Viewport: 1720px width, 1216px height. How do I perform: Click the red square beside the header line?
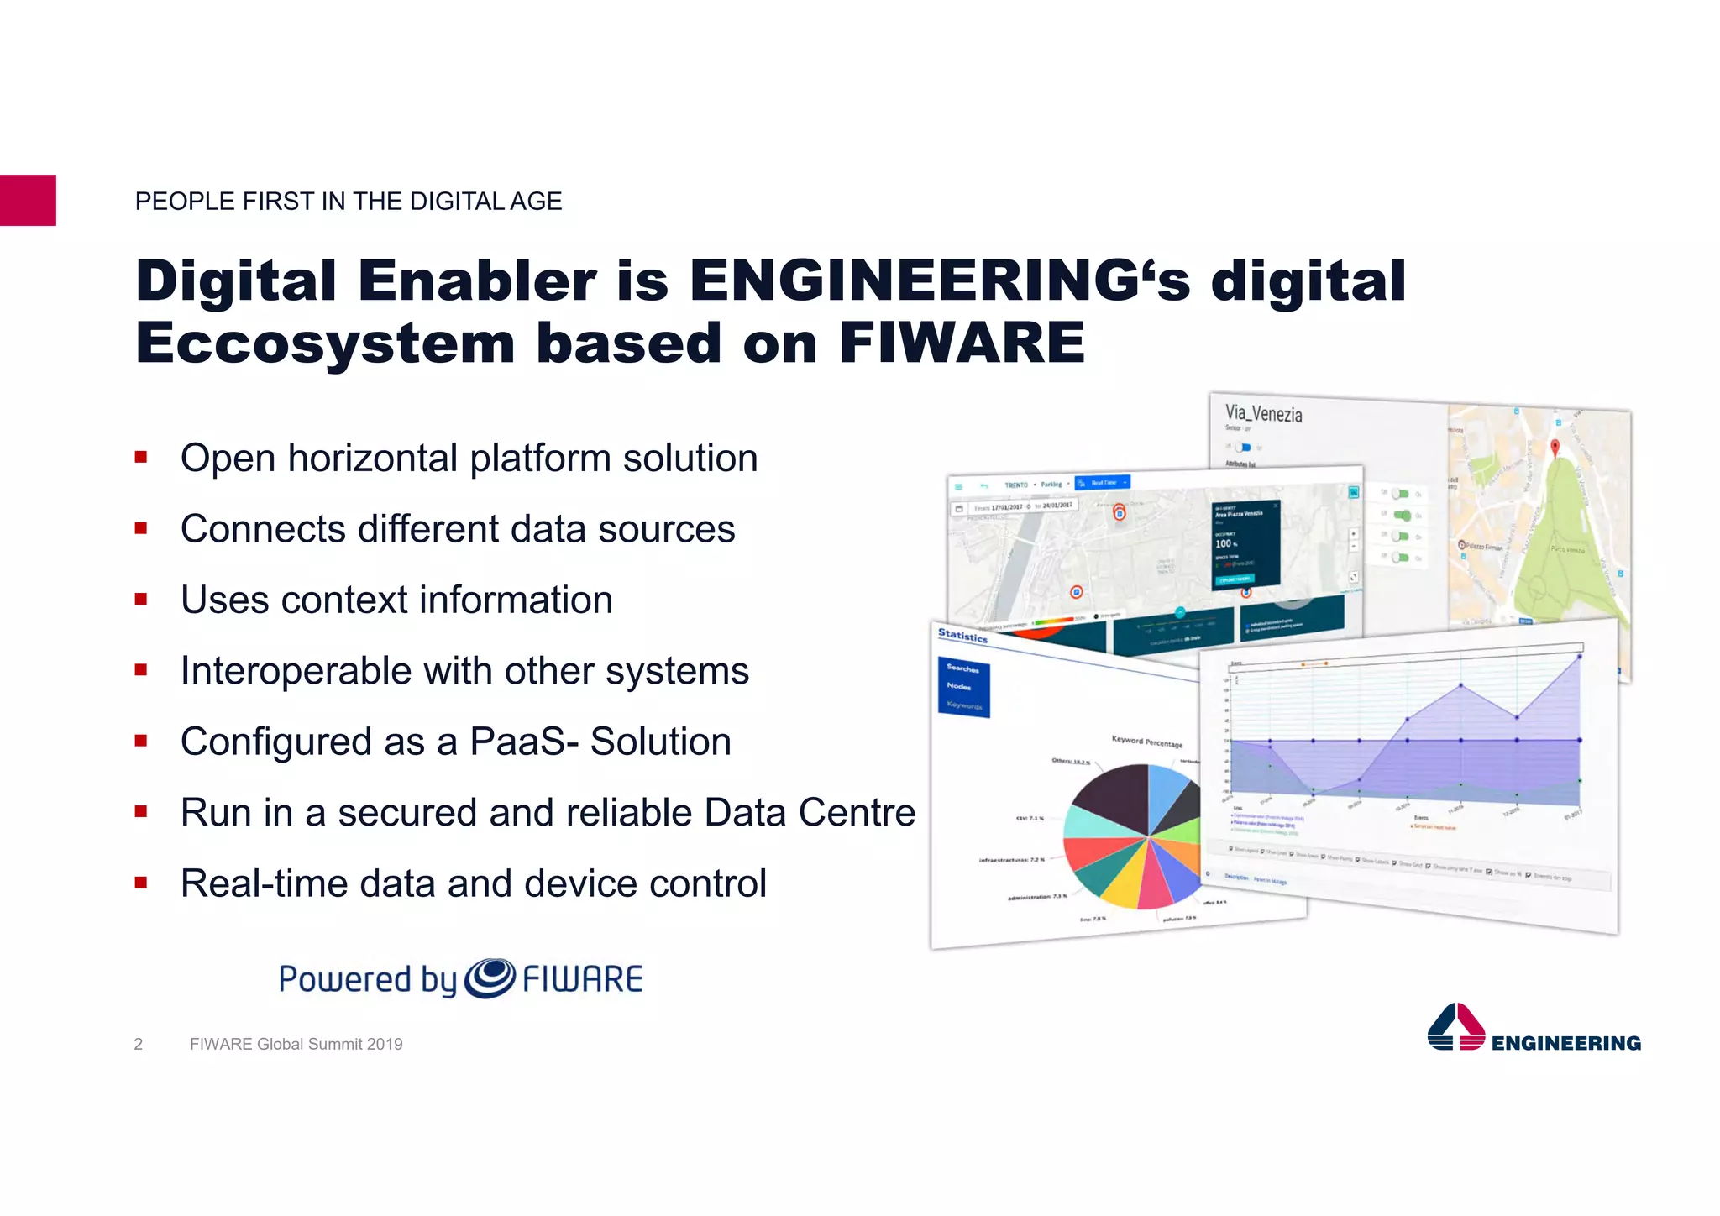click(28, 200)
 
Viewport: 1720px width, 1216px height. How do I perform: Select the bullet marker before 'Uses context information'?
click(141, 600)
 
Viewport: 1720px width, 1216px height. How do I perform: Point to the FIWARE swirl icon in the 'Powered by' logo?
click(490, 978)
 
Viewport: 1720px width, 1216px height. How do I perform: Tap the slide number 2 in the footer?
click(139, 1044)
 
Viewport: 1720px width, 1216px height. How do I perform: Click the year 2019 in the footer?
click(385, 1044)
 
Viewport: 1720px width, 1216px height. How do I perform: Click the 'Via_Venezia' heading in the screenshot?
click(1263, 413)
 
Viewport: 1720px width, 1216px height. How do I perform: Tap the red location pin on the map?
click(1555, 448)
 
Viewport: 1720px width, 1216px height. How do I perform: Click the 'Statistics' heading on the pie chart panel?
click(962, 636)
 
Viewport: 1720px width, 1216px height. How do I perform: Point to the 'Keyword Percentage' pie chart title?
click(1146, 742)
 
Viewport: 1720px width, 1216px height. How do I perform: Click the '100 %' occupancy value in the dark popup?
click(1225, 543)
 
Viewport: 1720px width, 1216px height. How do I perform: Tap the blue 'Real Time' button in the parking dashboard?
click(1103, 483)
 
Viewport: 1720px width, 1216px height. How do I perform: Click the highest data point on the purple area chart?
click(1580, 657)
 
